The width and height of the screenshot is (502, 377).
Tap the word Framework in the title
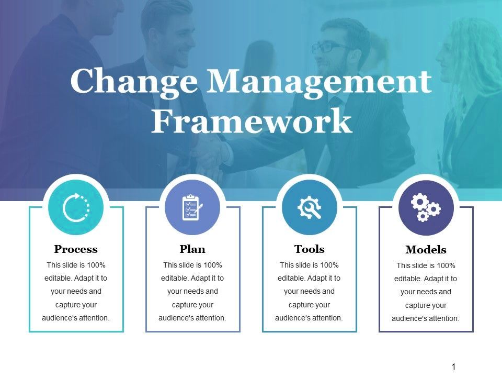(251, 121)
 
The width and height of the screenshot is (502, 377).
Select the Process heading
(76, 249)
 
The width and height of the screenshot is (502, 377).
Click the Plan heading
(192, 249)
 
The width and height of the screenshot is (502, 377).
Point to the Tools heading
(309, 249)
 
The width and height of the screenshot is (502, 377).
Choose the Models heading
(426, 250)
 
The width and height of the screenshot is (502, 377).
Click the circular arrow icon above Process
(76, 208)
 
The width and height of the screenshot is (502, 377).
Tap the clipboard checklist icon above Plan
(192, 208)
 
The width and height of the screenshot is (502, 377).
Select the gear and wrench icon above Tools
(309, 208)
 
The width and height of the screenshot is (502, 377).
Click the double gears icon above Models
(426, 208)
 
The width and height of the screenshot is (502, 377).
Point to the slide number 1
(453, 367)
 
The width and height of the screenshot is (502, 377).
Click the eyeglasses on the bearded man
(329, 48)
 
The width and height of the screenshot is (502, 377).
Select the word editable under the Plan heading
(176, 278)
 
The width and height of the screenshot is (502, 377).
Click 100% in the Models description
(445, 265)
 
